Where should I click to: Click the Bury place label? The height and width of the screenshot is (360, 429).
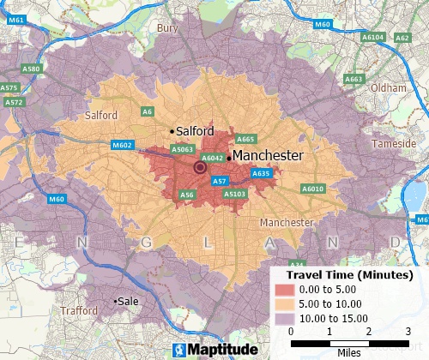pyautogui.click(x=167, y=28)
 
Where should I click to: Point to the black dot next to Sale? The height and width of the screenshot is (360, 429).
pyautogui.click(x=117, y=301)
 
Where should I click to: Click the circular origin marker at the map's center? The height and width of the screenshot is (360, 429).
pyautogui.click(x=201, y=169)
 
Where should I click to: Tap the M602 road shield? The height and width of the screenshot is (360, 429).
pyautogui.click(x=122, y=146)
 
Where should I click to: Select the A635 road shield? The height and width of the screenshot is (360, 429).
pyautogui.click(x=261, y=174)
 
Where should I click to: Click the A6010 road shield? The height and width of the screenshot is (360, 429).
pyautogui.click(x=313, y=189)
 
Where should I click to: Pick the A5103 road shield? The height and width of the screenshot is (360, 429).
pyautogui.click(x=234, y=195)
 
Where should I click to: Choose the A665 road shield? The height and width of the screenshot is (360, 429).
pyautogui.click(x=245, y=139)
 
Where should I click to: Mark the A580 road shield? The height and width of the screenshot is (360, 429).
pyautogui.click(x=31, y=69)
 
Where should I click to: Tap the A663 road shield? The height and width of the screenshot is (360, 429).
pyautogui.click(x=353, y=79)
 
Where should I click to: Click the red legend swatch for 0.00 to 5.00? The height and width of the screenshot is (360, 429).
pyautogui.click(x=285, y=290)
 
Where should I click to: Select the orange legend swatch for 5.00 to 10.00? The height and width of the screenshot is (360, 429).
pyautogui.click(x=285, y=303)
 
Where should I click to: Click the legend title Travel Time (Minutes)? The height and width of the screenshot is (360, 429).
pyautogui.click(x=349, y=274)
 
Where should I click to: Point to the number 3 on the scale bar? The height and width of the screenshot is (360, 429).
pyautogui.click(x=408, y=331)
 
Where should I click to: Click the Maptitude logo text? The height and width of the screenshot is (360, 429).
pyautogui.click(x=214, y=350)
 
